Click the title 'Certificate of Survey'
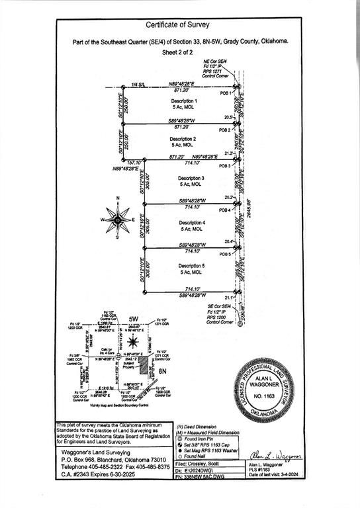point(180,24)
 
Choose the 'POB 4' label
point(225,210)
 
